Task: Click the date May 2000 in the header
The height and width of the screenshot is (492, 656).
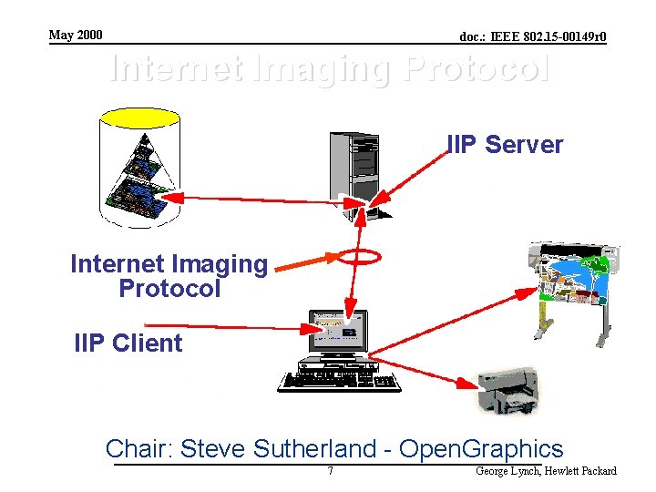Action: click(x=76, y=36)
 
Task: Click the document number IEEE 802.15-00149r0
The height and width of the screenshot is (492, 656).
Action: click(x=533, y=37)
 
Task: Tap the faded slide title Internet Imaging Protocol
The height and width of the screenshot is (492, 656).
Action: click(x=329, y=69)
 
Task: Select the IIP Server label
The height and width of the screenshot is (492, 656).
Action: click(x=505, y=145)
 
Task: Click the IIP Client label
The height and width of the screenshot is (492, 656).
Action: click(x=128, y=343)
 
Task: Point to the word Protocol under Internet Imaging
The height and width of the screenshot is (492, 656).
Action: click(x=169, y=289)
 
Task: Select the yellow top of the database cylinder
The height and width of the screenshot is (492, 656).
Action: click(x=139, y=118)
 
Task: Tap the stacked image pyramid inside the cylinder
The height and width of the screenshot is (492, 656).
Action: click(x=137, y=178)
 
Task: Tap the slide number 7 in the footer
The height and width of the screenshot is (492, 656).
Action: click(x=330, y=471)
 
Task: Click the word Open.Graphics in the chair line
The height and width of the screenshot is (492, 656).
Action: click(x=482, y=449)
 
